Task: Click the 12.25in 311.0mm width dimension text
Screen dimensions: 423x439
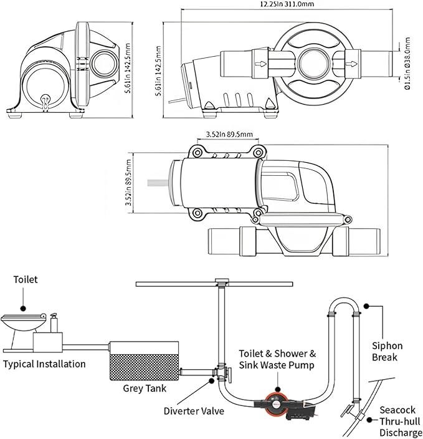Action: pyautogui.click(x=287, y=4)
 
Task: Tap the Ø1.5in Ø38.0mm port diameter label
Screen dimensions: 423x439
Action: pyautogui.click(x=407, y=64)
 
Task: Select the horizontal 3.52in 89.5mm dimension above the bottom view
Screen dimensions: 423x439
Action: pyautogui.click(x=229, y=135)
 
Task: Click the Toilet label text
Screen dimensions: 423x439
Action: pyautogui.click(x=26, y=279)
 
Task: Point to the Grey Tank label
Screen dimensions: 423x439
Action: pyautogui.click(x=145, y=388)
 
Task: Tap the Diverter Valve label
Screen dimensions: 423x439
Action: pyautogui.click(x=194, y=411)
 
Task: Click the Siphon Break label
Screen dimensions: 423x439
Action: pyautogui.click(x=387, y=352)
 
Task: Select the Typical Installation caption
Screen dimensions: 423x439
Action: pyautogui.click(x=44, y=364)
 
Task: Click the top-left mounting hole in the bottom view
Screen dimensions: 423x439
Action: pyautogui.click(x=197, y=153)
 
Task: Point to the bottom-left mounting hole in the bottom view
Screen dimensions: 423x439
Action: pyautogui.click(x=197, y=213)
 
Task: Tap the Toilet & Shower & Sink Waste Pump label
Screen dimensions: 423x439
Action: pyautogui.click(x=277, y=359)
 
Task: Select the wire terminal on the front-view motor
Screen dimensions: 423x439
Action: pyautogui.click(x=45, y=102)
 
